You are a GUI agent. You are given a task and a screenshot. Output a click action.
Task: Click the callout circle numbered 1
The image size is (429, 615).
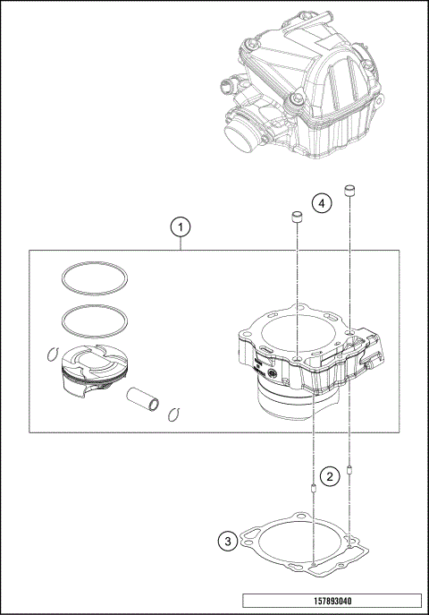coord(181,227)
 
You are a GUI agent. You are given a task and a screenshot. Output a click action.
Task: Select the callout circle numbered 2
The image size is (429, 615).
coord(330,476)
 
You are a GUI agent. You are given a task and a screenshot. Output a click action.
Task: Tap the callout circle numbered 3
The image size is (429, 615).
coord(229,541)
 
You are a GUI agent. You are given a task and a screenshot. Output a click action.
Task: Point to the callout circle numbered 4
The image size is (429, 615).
coord(322,203)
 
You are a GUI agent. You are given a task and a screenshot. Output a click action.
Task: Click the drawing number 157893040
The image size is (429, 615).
coord(331,601)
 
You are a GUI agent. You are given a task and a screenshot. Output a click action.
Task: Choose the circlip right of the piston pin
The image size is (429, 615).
coord(175,413)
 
